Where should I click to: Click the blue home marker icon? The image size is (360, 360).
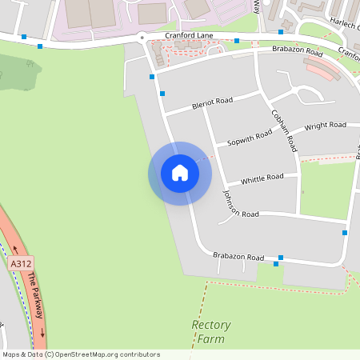(x=179, y=173)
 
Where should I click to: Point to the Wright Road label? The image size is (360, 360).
(x=326, y=126)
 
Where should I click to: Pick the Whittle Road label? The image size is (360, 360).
(x=262, y=178)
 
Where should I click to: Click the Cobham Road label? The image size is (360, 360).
(x=284, y=130)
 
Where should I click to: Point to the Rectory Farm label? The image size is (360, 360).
(x=211, y=332)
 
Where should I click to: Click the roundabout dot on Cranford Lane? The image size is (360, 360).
(x=142, y=37)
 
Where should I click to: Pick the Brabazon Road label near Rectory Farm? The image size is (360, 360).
(x=238, y=257)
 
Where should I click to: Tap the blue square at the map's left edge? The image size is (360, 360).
(x=24, y=37)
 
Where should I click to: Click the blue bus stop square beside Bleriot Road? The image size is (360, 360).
(x=162, y=94)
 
